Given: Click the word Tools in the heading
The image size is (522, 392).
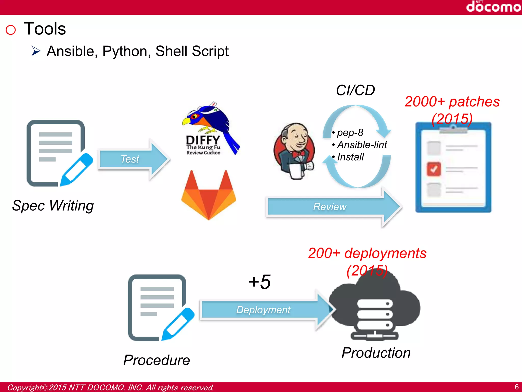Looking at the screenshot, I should coord(45,29).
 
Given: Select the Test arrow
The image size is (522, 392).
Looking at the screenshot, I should coord(133,159).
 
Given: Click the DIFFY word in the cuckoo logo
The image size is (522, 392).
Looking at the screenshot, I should coord(203,140).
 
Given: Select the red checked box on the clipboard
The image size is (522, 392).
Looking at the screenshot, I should coord(434,169).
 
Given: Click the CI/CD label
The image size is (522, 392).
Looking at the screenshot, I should coord(355,90).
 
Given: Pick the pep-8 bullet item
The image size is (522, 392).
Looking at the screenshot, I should coord(350,133).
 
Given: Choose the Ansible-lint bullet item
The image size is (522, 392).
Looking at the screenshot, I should coord(362,145).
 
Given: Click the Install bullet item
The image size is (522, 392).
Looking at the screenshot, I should coord(350,157).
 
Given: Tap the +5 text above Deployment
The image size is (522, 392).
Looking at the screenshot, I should coord(259,282).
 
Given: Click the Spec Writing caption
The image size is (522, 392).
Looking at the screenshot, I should coord(53,206).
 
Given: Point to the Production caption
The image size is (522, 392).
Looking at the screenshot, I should coord(376,353).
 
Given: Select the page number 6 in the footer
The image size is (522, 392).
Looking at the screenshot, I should coord(516,387).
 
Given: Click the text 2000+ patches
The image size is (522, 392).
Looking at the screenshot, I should coord(452,102).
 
